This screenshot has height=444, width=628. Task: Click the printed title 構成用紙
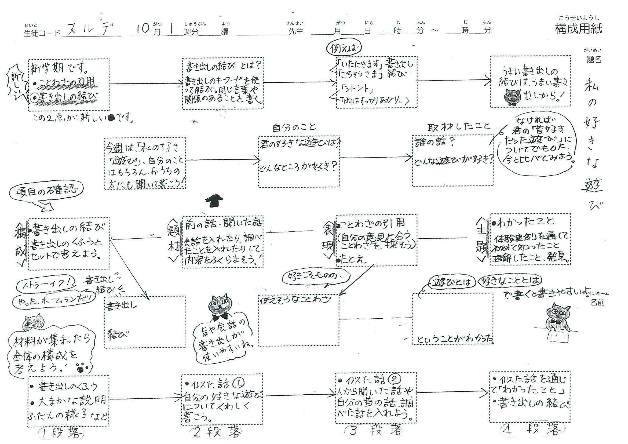[578, 28]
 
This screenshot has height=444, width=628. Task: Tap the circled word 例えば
[344, 49]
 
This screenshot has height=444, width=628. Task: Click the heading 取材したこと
[459, 127]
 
